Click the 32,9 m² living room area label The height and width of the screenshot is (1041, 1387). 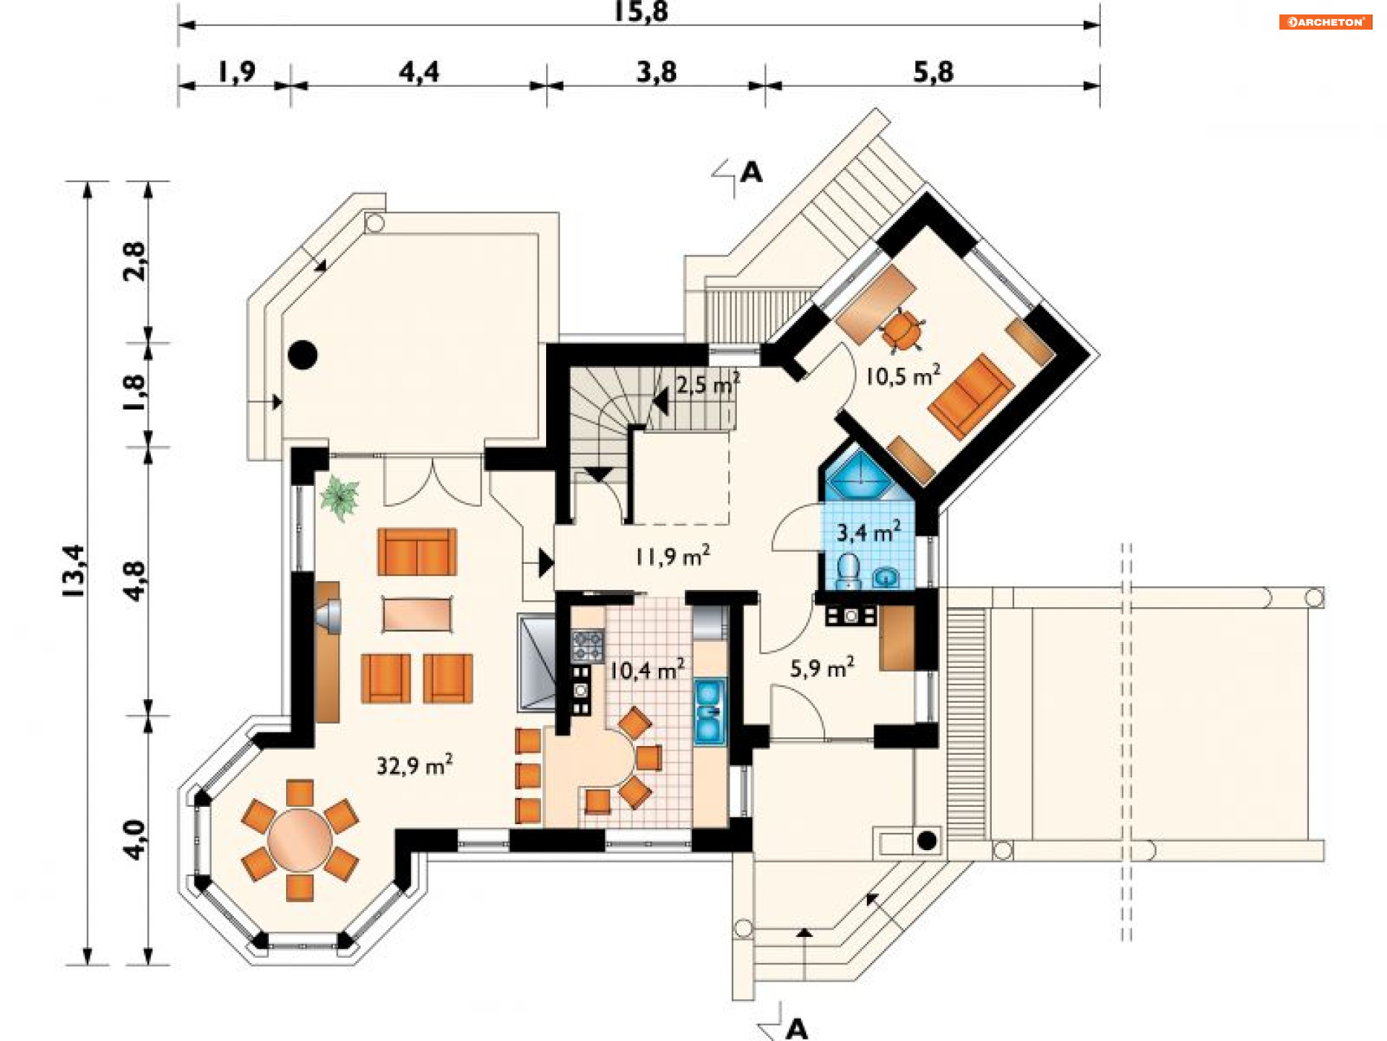point(415,765)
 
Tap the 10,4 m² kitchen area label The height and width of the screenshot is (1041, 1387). point(647,670)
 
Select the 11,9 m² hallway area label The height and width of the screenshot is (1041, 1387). point(673,556)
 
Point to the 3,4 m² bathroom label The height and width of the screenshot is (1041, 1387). point(868,532)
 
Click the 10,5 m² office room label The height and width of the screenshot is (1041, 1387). point(903,375)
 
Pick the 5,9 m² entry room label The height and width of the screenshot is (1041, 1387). point(822,668)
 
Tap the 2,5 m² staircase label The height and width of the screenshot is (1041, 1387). point(708,383)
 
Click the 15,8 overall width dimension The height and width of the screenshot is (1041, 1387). point(641,12)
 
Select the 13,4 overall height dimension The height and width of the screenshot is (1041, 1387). point(74,571)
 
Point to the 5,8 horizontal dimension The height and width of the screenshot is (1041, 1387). point(933,72)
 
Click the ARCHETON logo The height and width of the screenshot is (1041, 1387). point(1326,22)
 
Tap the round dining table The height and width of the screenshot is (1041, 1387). point(300,841)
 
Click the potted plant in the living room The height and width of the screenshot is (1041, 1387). point(340,497)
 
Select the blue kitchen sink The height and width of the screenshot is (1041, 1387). point(709,712)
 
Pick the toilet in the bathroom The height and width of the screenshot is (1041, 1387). point(848,570)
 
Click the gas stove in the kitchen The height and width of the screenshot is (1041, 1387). point(588,646)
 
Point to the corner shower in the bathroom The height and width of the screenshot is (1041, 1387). point(860,474)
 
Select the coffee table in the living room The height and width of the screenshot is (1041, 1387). point(418,614)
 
